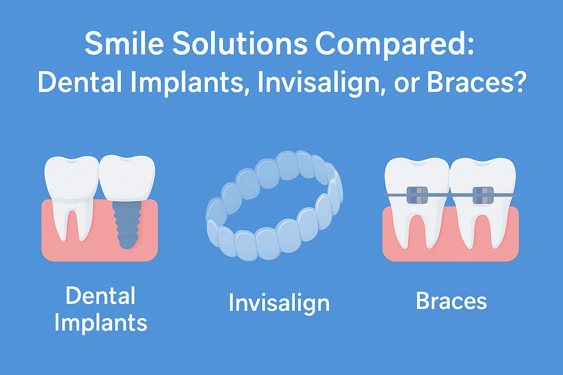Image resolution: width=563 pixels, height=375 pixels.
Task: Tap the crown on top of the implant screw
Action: pyautogui.click(x=127, y=179)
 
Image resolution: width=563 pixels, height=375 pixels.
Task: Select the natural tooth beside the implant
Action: pyautogui.click(x=71, y=198)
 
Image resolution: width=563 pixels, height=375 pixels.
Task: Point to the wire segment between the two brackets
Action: pyautogui.click(x=450, y=195)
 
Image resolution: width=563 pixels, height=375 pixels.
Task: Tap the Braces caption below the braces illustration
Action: pyautogui.click(x=452, y=301)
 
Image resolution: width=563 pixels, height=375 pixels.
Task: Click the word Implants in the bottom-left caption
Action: pyautogui.click(x=101, y=323)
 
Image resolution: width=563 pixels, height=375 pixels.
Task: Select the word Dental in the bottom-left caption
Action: pyautogui.click(x=100, y=296)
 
